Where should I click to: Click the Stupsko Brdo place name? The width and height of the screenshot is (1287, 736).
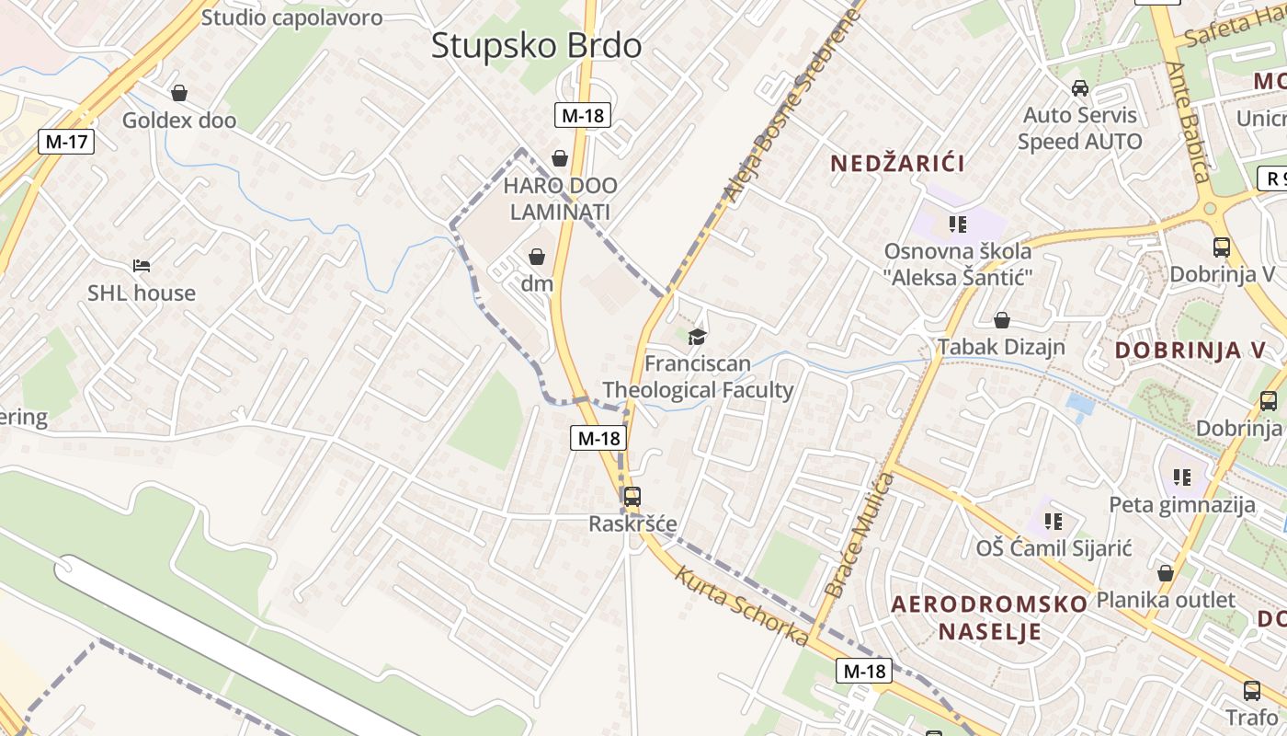click(536, 45)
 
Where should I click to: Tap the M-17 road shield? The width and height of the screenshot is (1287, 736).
click(66, 142)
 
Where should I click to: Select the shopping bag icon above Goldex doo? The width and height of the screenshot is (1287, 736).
click(179, 93)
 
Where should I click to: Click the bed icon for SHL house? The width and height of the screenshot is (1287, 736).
click(142, 266)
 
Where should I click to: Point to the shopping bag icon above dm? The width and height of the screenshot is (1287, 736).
click(537, 257)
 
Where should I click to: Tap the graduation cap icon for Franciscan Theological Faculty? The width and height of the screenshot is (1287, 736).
click(698, 336)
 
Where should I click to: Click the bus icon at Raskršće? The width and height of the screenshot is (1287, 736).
click(632, 497)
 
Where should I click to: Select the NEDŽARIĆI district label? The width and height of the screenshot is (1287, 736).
click(897, 164)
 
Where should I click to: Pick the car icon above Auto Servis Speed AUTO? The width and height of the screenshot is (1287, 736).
click(1080, 88)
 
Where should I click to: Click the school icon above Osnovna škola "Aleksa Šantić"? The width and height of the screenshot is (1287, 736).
click(958, 224)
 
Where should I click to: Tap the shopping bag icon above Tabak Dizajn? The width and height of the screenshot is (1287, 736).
click(1002, 320)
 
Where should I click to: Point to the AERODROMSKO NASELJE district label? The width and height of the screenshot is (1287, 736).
click(990, 617)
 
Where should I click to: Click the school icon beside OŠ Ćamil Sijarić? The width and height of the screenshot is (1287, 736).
click(1054, 522)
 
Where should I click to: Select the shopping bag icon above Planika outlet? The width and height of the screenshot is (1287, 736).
click(1166, 573)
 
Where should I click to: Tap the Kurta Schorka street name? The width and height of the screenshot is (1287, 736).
click(742, 606)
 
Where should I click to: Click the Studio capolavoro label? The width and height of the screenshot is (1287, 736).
click(291, 17)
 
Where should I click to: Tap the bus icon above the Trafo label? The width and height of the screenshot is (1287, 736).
click(1251, 691)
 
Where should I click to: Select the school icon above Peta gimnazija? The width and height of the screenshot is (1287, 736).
click(1182, 477)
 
